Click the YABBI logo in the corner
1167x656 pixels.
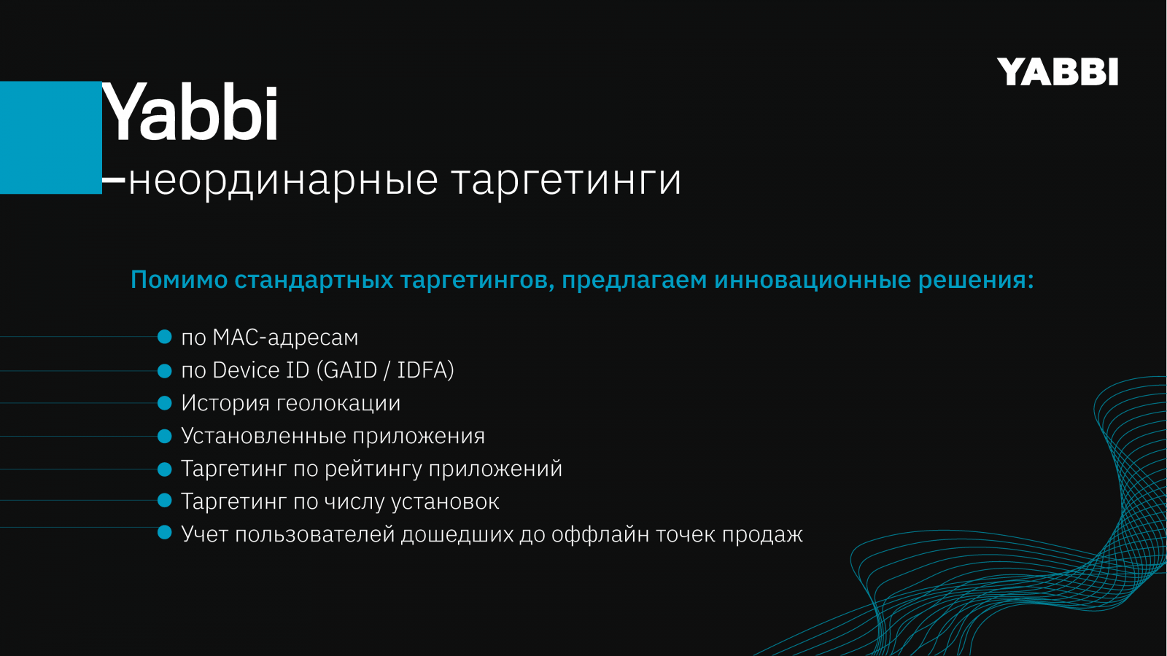(x=1057, y=71)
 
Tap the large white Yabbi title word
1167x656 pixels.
(x=190, y=112)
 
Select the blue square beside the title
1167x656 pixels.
(x=50, y=138)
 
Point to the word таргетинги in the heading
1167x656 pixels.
(x=566, y=180)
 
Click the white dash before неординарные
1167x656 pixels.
(x=114, y=180)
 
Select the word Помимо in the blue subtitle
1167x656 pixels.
(x=179, y=280)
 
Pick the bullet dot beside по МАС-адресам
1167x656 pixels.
(x=165, y=337)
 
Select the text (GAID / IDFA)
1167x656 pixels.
(x=385, y=370)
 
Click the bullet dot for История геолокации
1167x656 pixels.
(x=165, y=403)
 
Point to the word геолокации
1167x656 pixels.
(x=338, y=404)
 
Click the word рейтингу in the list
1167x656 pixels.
(x=373, y=469)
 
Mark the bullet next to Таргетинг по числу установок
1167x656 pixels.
(x=165, y=500)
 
